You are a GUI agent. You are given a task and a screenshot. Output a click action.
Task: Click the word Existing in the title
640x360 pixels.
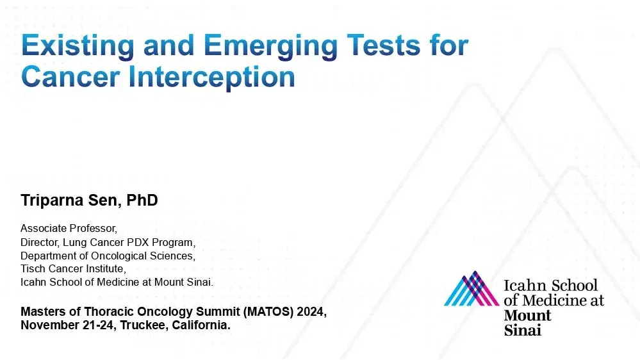(78, 46)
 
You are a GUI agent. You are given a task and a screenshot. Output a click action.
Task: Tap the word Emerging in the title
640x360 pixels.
(270, 46)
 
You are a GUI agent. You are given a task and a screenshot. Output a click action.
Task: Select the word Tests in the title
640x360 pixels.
(383, 45)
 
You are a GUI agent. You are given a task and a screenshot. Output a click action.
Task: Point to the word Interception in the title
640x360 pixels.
(211, 78)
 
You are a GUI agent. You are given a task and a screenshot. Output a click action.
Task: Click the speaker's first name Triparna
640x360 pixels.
(52, 200)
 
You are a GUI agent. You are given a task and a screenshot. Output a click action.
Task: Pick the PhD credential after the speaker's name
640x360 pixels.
(142, 200)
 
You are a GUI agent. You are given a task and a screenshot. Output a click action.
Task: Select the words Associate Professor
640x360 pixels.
(69, 228)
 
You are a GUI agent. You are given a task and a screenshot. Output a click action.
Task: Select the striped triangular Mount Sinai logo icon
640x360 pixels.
(472, 288)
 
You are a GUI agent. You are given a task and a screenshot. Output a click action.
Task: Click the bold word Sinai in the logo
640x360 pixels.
(523, 330)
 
